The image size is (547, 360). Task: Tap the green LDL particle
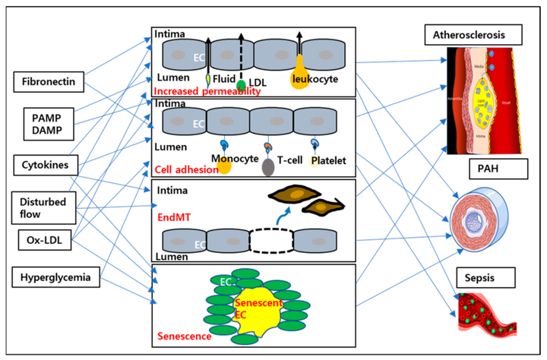tap(241, 84)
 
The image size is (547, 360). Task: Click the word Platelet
tap(326, 161)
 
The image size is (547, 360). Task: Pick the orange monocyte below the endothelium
tap(223, 164)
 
